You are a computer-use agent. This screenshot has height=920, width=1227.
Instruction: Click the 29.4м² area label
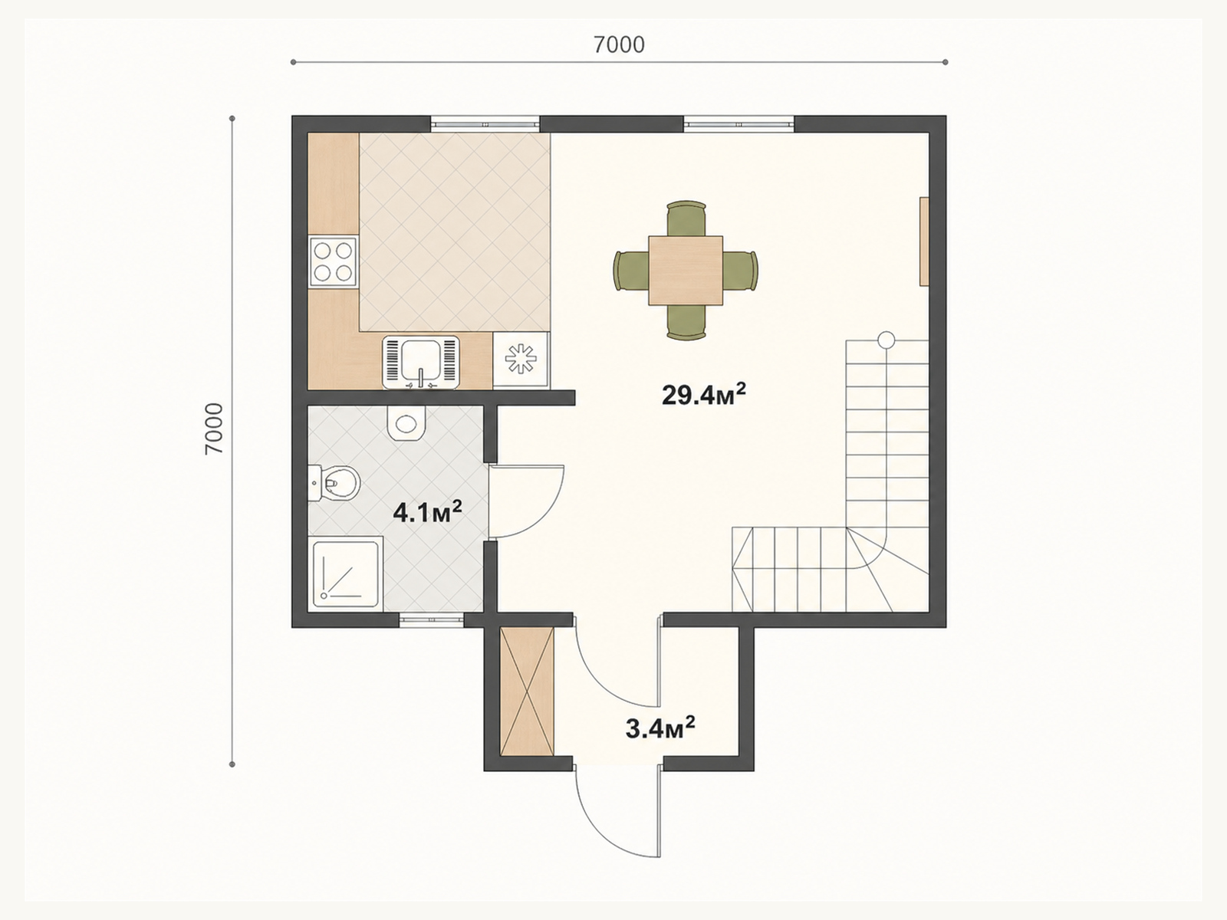click(704, 394)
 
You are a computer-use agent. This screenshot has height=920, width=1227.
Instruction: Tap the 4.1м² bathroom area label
click(428, 511)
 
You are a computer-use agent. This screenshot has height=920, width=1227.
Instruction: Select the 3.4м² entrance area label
click(660, 728)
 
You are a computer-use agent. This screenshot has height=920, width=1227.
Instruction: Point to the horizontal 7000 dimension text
click(619, 44)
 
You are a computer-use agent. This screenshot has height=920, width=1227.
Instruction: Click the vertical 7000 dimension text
click(214, 429)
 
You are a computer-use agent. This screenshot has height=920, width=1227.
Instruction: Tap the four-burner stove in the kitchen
click(333, 262)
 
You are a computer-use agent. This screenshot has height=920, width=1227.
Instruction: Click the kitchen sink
click(421, 362)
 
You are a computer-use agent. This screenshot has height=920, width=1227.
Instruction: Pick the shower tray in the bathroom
click(345, 573)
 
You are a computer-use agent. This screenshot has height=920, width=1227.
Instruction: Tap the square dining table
click(686, 271)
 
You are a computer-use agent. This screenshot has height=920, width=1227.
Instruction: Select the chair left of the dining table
click(631, 271)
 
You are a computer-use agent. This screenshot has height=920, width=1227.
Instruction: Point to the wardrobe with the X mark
click(527, 692)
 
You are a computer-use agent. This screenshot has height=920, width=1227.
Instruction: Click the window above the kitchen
click(485, 124)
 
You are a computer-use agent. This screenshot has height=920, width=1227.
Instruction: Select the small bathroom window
click(432, 620)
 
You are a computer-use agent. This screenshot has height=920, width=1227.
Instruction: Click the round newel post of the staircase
click(887, 340)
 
